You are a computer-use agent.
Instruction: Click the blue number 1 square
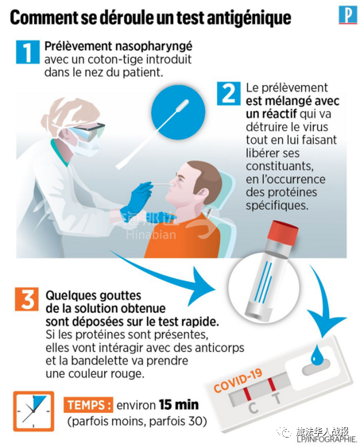click(x=28, y=52)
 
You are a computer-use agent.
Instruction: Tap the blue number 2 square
click(x=228, y=94)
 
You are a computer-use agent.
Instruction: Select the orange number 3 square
click(x=27, y=299)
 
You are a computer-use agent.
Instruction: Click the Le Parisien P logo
click(x=348, y=15)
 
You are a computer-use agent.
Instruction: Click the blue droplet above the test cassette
click(x=316, y=353)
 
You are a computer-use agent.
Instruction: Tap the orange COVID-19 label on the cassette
click(x=238, y=380)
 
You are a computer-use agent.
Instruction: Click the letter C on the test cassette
click(x=253, y=407)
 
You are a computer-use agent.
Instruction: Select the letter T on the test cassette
click(x=277, y=398)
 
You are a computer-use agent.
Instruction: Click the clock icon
click(x=33, y=411)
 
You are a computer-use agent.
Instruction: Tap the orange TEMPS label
click(x=88, y=405)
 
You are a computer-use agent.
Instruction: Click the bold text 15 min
click(x=179, y=404)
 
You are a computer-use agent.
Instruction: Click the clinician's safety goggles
click(x=87, y=131)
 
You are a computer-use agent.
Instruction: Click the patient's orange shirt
click(x=183, y=236)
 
